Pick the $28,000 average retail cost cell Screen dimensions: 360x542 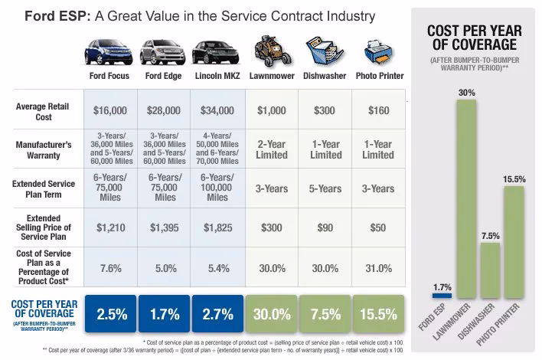point(165,110)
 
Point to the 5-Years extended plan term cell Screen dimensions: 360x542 point(324,188)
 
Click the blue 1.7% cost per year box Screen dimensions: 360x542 point(165,313)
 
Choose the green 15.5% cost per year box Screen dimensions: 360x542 point(377,313)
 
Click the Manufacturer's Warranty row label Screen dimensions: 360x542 point(44,149)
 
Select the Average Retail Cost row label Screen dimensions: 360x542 point(44,110)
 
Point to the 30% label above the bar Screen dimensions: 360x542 point(467,93)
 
